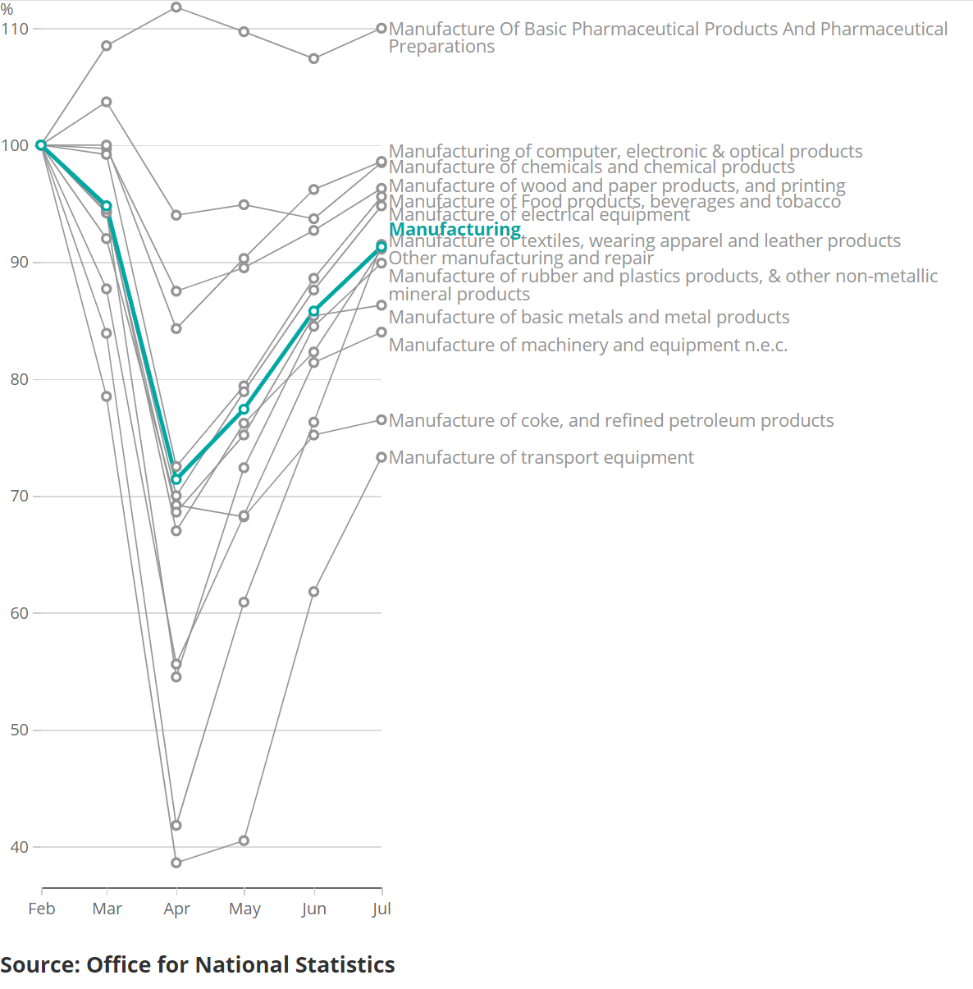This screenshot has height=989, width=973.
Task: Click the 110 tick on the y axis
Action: (x=15, y=29)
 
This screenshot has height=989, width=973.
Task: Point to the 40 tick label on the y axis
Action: (x=19, y=847)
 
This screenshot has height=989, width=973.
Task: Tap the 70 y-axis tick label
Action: (x=19, y=496)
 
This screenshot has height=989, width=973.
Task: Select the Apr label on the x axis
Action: (x=176, y=909)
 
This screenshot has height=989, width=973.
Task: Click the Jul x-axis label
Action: (x=381, y=909)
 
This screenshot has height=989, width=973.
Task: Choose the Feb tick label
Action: (x=42, y=909)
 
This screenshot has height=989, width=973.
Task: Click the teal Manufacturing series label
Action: (x=455, y=229)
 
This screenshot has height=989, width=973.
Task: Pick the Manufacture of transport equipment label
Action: (x=541, y=457)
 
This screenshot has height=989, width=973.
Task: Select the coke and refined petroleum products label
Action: (x=611, y=420)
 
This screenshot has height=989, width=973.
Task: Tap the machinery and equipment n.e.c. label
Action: (x=587, y=345)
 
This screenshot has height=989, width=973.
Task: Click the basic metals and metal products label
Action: (x=588, y=317)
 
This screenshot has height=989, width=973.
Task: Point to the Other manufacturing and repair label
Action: (x=521, y=258)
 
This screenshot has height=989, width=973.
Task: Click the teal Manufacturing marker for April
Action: (x=176, y=479)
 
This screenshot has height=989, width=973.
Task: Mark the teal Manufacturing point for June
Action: (x=313, y=312)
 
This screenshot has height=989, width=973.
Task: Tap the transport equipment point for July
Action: (x=381, y=457)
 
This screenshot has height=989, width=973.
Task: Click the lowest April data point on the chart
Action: (x=176, y=863)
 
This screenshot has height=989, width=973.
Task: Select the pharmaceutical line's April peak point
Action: (x=176, y=7)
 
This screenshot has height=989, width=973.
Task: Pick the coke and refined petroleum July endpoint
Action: (x=381, y=420)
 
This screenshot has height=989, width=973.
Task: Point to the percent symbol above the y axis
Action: (x=7, y=10)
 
